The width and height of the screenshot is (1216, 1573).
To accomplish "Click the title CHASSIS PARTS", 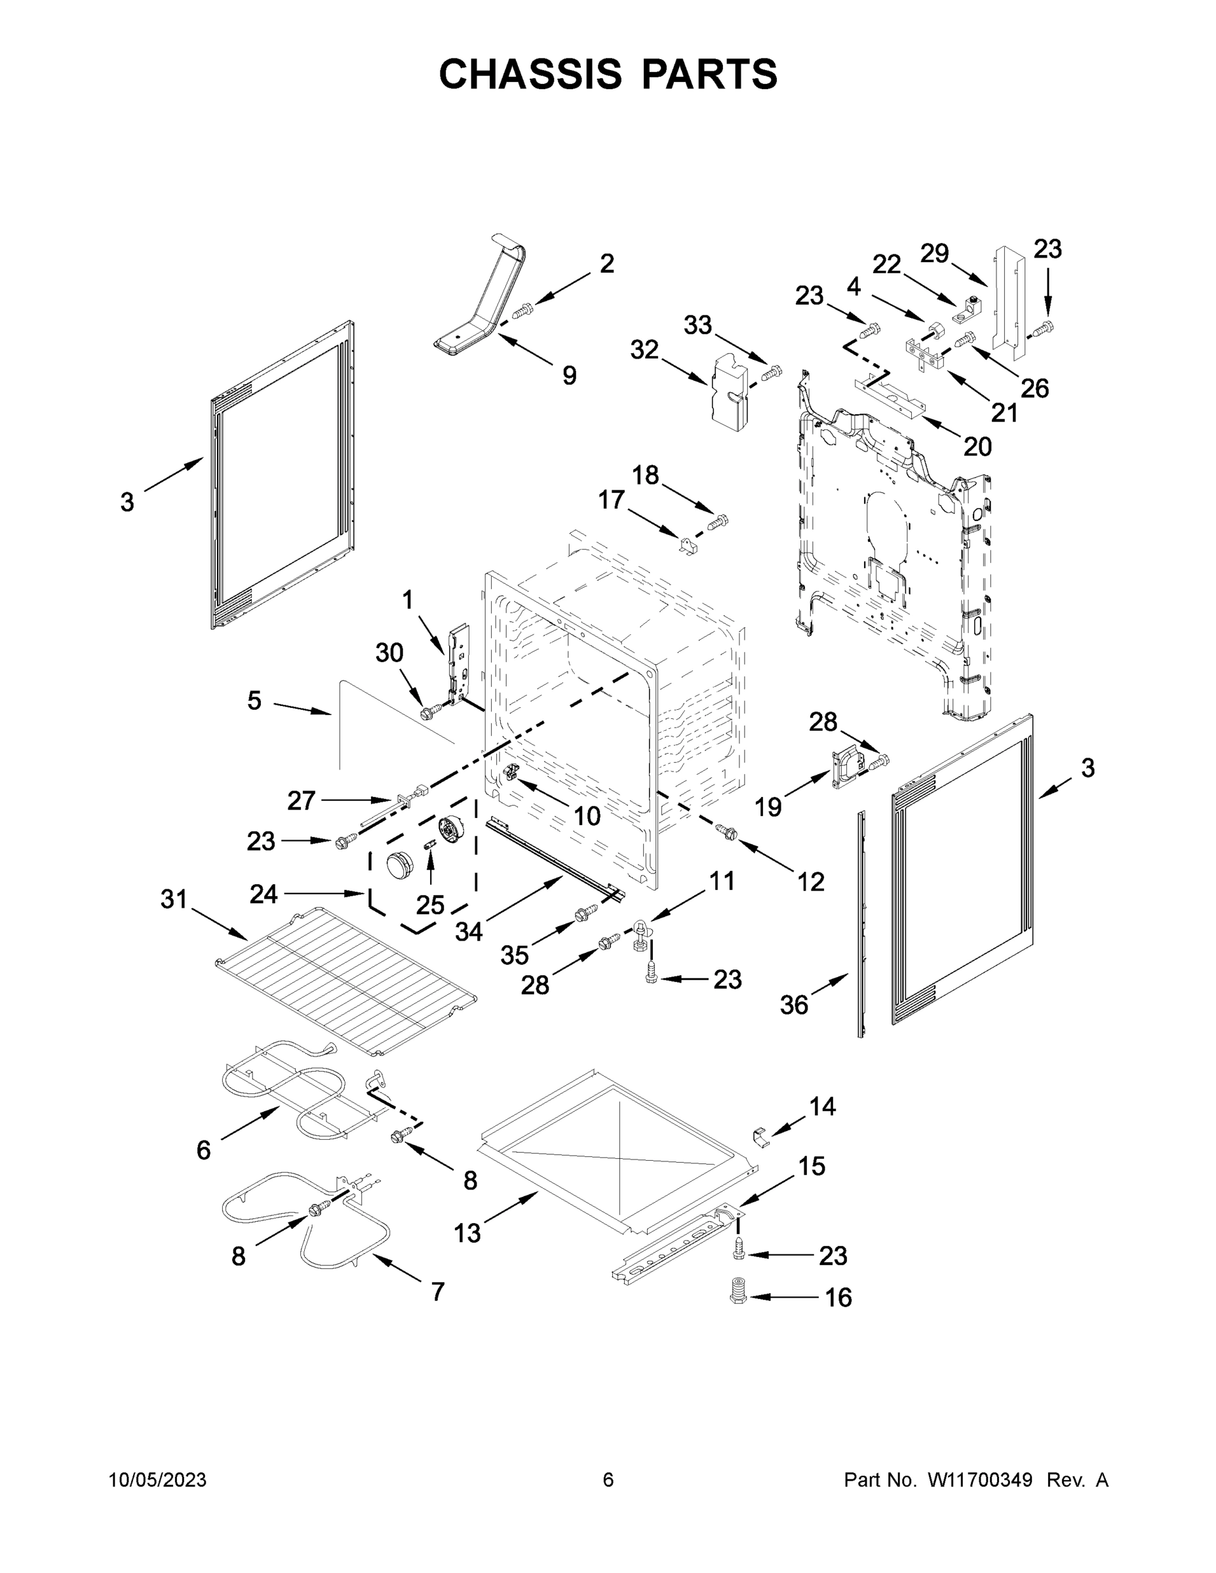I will pyautogui.click(x=608, y=73).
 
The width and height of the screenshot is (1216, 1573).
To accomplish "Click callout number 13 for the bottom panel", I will pyautogui.click(x=467, y=1233).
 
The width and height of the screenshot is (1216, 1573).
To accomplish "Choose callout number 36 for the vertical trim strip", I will pyautogui.click(x=794, y=1005).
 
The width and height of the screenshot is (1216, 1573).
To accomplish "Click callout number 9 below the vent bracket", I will pyautogui.click(x=569, y=376).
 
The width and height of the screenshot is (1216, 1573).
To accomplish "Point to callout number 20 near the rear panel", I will pyautogui.click(x=977, y=446).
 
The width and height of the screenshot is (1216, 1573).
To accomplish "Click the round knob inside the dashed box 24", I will pyautogui.click(x=399, y=864).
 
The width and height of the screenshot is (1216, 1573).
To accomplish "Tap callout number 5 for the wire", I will pyautogui.click(x=254, y=700).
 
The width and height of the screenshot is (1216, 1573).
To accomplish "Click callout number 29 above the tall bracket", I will pyautogui.click(x=934, y=254).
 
